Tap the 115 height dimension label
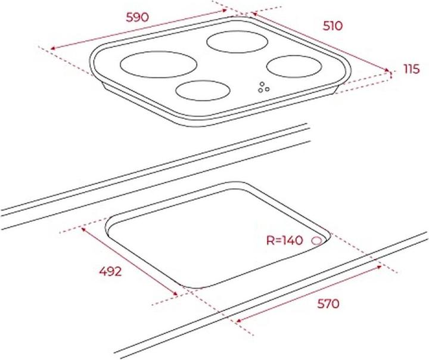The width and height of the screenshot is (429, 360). [x=412, y=70]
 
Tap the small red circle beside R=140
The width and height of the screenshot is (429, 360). [x=316, y=241]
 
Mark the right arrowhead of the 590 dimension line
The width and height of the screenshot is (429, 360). [x=225, y=10]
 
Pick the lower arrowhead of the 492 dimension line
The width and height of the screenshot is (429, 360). [x=177, y=294]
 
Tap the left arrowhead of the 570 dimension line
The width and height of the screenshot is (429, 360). [x=238, y=321]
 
